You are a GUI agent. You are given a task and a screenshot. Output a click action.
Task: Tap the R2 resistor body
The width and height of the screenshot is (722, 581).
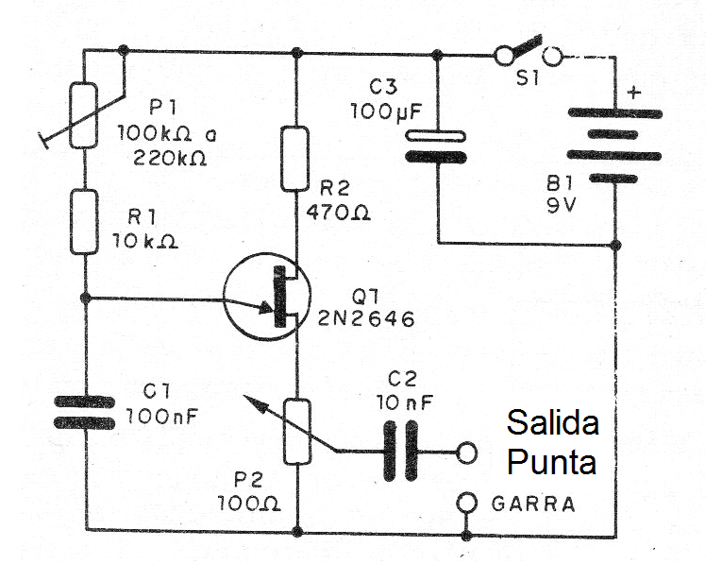click(296, 159)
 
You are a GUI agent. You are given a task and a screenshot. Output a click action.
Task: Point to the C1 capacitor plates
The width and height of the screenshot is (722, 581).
click(85, 412)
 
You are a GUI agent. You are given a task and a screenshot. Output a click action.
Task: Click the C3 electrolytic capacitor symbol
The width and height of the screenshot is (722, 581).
click(437, 147)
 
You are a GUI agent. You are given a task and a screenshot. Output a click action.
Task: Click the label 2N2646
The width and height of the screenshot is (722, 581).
click(369, 319)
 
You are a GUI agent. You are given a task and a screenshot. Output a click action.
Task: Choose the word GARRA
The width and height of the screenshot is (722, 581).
click(533, 504)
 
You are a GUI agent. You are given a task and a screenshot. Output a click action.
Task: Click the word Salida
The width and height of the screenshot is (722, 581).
click(552, 423)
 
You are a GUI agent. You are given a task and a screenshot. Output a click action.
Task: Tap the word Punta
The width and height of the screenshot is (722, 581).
click(552, 463)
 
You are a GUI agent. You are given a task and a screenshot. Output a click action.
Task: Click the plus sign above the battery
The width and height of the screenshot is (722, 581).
click(633, 93)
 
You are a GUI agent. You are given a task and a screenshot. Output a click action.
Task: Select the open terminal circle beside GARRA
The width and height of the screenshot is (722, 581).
click(465, 503)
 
